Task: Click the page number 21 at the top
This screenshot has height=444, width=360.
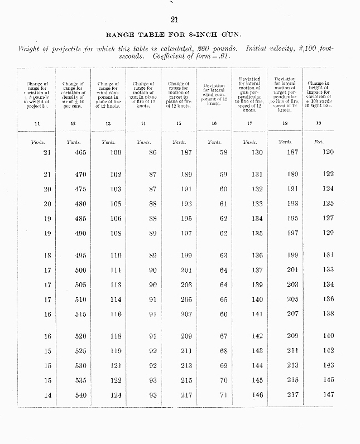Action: [174, 21]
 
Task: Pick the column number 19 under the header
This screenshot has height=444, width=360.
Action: [319, 123]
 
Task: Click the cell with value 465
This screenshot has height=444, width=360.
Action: [80, 152]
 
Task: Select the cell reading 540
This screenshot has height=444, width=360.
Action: [80, 395]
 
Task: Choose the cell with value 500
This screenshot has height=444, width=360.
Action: [80, 271]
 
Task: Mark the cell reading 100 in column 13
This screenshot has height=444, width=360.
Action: [115, 152]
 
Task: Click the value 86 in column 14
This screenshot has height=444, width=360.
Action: [152, 152]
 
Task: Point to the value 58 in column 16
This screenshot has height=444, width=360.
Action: [223, 152]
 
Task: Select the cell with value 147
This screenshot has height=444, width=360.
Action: [328, 395]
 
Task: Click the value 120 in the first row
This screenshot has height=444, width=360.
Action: [328, 152]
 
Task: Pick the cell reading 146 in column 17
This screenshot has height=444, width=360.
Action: [257, 395]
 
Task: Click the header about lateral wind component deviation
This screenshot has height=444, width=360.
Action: [214, 95]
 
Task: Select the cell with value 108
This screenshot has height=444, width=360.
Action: [115, 233]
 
